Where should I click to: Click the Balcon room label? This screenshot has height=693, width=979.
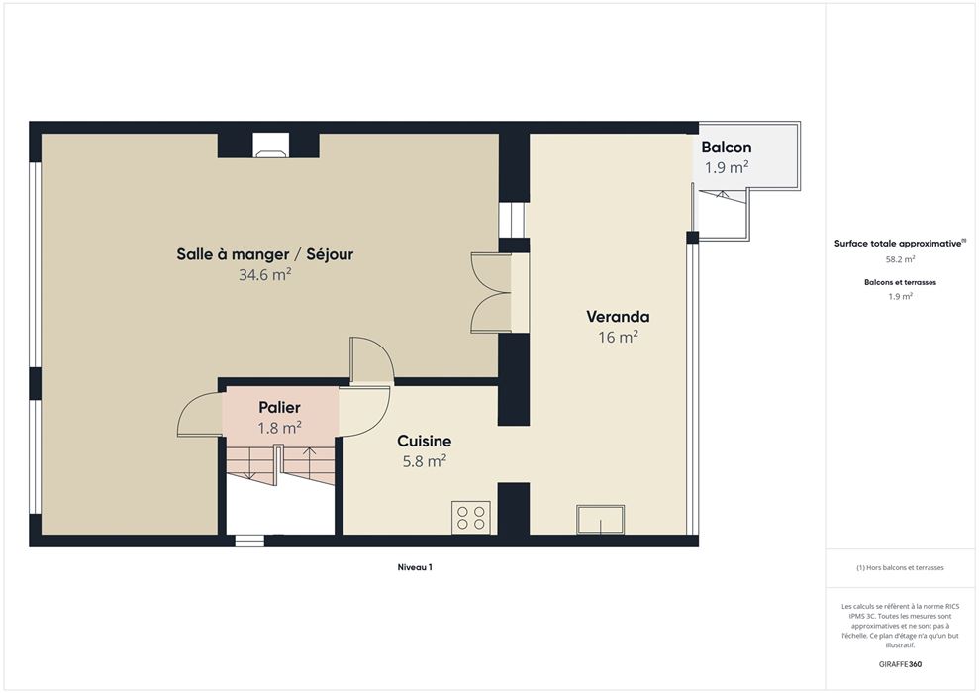coord(727,148)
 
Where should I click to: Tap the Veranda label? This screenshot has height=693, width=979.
coord(618,317)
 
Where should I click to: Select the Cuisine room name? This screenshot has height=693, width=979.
coord(424,441)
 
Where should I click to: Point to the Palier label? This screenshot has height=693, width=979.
coord(280,408)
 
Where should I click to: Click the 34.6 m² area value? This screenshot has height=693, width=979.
coord(265,274)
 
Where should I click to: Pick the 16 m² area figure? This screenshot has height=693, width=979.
coord(618,338)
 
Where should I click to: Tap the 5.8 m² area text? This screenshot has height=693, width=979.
coord(425,461)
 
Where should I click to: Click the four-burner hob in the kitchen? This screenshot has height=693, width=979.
coord(471,518)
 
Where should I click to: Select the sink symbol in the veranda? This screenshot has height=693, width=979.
coord(600,520)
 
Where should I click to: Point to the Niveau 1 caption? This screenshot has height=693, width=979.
coord(415,567)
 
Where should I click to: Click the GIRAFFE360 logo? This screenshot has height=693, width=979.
coord(900,664)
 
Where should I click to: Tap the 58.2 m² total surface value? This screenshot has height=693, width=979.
coord(901,259)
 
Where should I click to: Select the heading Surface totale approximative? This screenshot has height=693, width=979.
coord(898,244)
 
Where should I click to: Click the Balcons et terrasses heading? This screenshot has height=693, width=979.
coord(901,282)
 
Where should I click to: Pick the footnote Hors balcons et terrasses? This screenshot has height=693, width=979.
coord(901,568)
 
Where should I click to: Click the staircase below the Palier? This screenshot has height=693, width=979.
coord(280,464)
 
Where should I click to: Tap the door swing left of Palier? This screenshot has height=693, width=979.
coord(200,414)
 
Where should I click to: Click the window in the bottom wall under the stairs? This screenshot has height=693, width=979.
coord(249,541)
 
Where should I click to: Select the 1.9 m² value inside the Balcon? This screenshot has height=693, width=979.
coord(727,167)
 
